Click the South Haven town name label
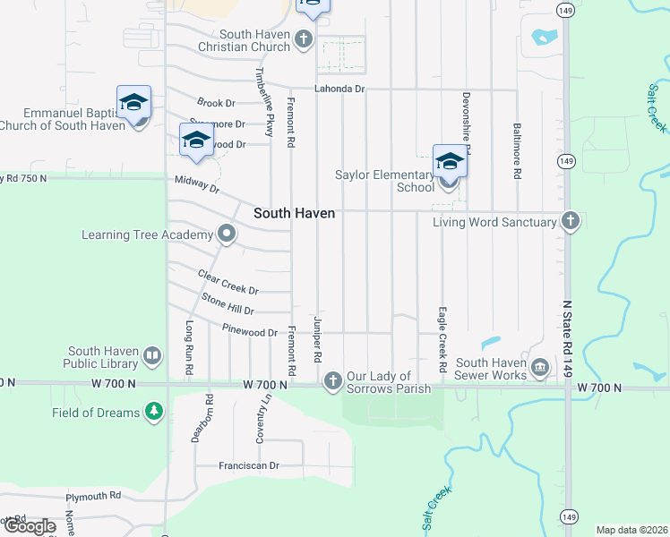coord(294,213)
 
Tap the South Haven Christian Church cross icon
coord(304,39)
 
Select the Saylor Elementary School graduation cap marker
coord(450,163)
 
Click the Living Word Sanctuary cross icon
coord(570,221)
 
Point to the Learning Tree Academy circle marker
coord(227,234)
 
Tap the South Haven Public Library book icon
coord(152,358)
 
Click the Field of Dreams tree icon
coord(155,412)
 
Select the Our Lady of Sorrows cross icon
coord(332,382)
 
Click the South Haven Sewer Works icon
coord(539,367)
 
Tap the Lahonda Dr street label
coord(339,89)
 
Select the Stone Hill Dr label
coord(228,303)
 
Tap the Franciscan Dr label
coord(249,465)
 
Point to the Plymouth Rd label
coord(93,495)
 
